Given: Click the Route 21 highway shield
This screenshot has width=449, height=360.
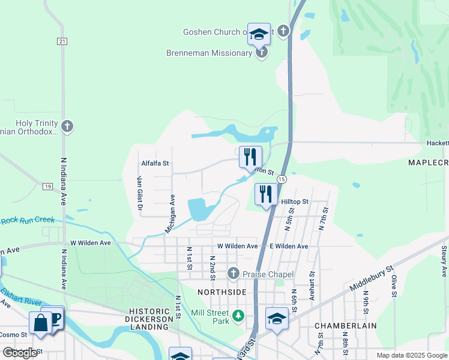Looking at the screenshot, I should pos(62,41).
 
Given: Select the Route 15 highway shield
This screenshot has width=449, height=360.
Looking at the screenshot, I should pos(281,179).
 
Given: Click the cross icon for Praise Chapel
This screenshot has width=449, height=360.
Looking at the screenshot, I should pos(234,274).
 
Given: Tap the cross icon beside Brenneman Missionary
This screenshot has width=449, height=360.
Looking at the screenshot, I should pos(261,53).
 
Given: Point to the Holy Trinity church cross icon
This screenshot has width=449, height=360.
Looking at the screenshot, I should pos(67,126).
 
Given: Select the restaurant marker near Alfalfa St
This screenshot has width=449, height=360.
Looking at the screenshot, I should pos(250,157).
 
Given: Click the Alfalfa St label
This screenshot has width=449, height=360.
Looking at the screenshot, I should pos(155,163).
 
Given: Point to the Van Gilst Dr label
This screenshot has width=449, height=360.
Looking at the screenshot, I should pos(140,194).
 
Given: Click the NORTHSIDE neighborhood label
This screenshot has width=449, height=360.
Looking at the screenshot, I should pos(222,292).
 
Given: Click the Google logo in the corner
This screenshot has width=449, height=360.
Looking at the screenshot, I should pos(20,353).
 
